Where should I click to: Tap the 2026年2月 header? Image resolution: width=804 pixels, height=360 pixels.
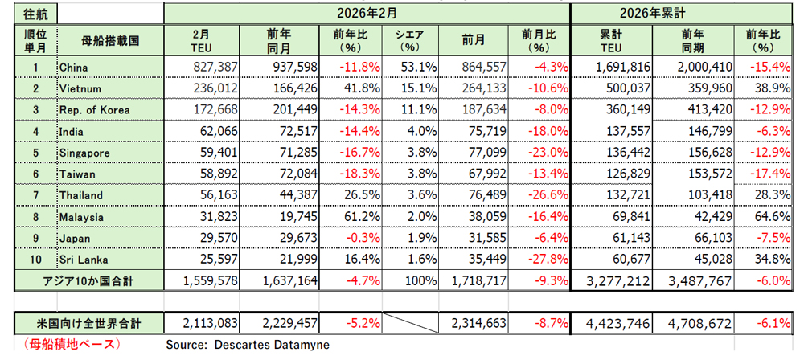[367, 14]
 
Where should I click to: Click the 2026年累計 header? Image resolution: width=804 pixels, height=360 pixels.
[687, 14]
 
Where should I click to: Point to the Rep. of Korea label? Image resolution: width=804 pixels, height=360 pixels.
[94, 110]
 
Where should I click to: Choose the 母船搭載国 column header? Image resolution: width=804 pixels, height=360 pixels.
[110, 39]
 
